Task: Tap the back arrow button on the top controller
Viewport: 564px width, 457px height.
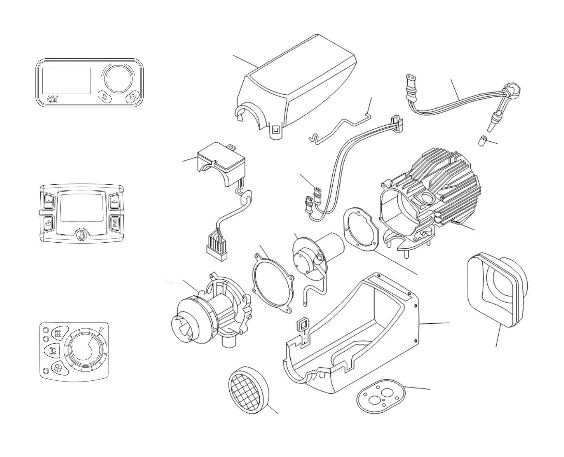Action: point(105,97)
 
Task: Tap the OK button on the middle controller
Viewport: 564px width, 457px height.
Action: point(115,223)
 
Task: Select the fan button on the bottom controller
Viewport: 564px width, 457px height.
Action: point(57,368)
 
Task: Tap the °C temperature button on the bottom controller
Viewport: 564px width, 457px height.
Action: point(53,350)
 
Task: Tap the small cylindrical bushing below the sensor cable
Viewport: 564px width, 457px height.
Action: point(483,140)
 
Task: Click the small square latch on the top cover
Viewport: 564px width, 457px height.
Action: point(275,130)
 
